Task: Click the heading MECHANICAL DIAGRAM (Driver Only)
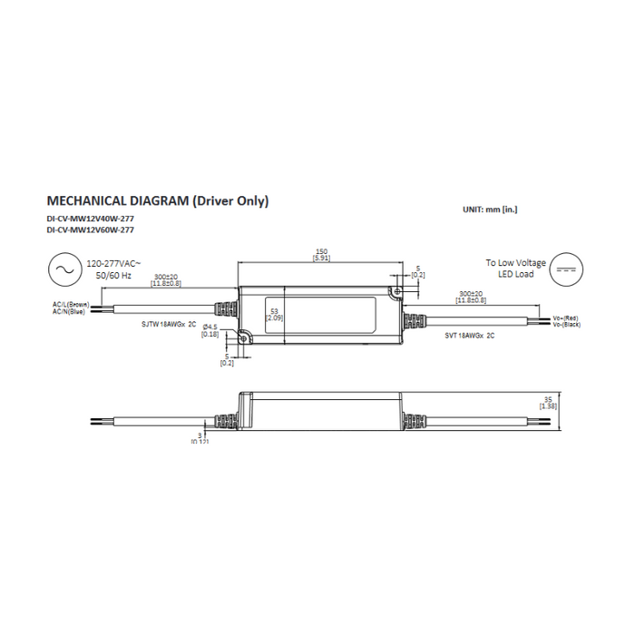(x=157, y=201)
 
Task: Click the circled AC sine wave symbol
(x=64, y=270)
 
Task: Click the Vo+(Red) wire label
(x=566, y=317)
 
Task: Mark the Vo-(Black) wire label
(x=567, y=324)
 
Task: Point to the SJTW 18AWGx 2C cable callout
(x=169, y=323)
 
